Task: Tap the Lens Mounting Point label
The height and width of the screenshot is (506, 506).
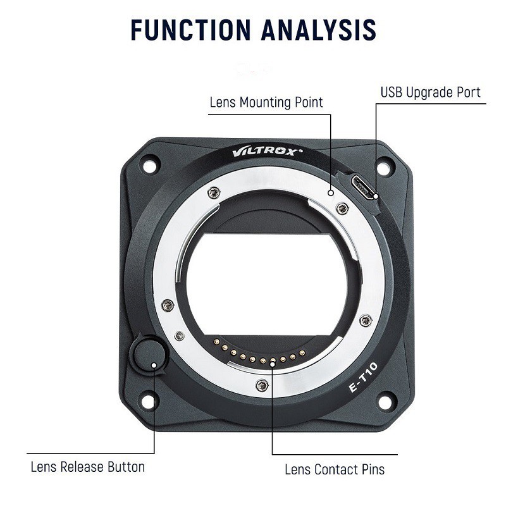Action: [266, 102]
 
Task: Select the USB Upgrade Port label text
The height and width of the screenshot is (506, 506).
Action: [431, 92]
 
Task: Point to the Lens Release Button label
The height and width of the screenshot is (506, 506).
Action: [88, 467]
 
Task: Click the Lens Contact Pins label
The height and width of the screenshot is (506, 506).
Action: [335, 469]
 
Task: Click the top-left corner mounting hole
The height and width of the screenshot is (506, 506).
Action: [149, 165]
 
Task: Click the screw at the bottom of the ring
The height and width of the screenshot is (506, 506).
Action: [262, 385]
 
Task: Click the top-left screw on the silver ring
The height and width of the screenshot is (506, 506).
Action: [214, 193]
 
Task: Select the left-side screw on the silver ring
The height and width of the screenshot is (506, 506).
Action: [167, 305]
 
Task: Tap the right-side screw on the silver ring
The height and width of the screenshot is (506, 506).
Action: [365, 320]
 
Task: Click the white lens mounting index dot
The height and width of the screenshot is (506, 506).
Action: [331, 191]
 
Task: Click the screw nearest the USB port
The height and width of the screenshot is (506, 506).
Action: [342, 208]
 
